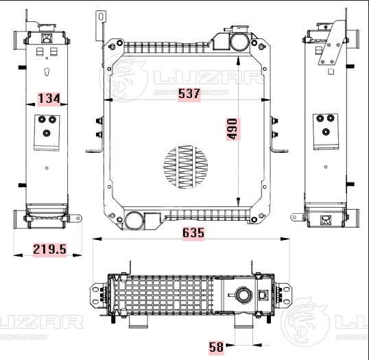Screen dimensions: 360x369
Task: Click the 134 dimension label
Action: point(49,99)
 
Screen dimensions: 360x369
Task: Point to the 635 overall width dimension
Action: point(193,233)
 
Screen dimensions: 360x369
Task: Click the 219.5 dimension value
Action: point(49,250)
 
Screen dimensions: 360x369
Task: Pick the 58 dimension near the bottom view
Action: point(216,348)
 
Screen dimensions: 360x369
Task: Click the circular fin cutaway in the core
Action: point(184,167)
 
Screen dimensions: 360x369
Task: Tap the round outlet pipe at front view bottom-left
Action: point(134,221)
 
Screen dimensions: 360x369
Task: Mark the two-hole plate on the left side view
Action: point(47,131)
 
